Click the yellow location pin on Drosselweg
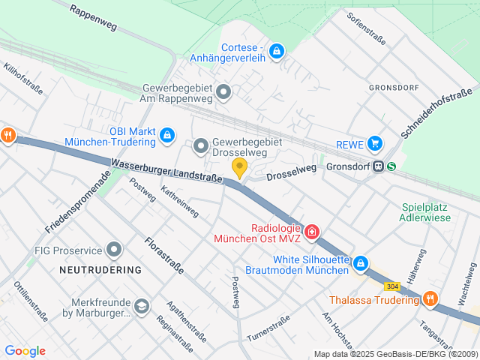tap(239, 167)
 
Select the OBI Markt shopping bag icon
tap(168, 135)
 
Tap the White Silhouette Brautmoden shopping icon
tap(361, 263)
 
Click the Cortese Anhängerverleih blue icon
tap(277, 51)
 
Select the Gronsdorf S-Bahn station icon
tap(386, 166)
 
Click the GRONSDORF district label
tap(394, 86)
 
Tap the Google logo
tap(25, 351)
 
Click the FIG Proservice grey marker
tap(114, 248)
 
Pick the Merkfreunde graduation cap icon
tap(141, 306)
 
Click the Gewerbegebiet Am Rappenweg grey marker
tap(223, 93)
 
